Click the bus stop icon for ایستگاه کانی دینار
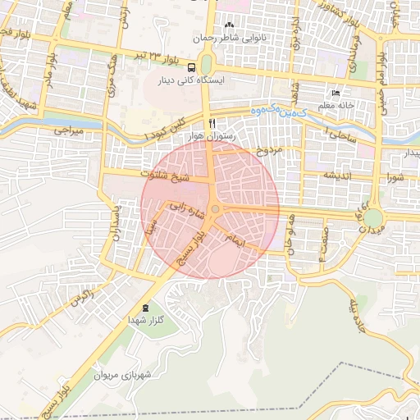pos(191,67)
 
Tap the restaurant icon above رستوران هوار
pos(212,122)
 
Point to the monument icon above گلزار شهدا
pos(146,308)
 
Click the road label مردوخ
pos(267,151)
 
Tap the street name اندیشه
pos(338,175)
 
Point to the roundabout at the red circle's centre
pos(215,211)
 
